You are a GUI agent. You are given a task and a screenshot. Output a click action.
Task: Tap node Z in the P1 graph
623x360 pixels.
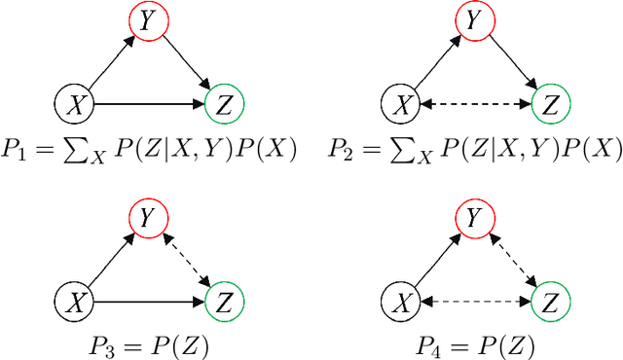tap(225, 102)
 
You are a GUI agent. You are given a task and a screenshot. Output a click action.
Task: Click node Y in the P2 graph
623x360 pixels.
tap(474, 19)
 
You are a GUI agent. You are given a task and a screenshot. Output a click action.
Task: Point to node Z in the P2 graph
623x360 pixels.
tap(550, 102)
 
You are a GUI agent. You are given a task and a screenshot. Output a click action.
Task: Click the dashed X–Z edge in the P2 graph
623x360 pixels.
tap(474, 102)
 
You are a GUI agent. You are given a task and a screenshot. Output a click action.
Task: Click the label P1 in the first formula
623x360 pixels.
tap(17, 149)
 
